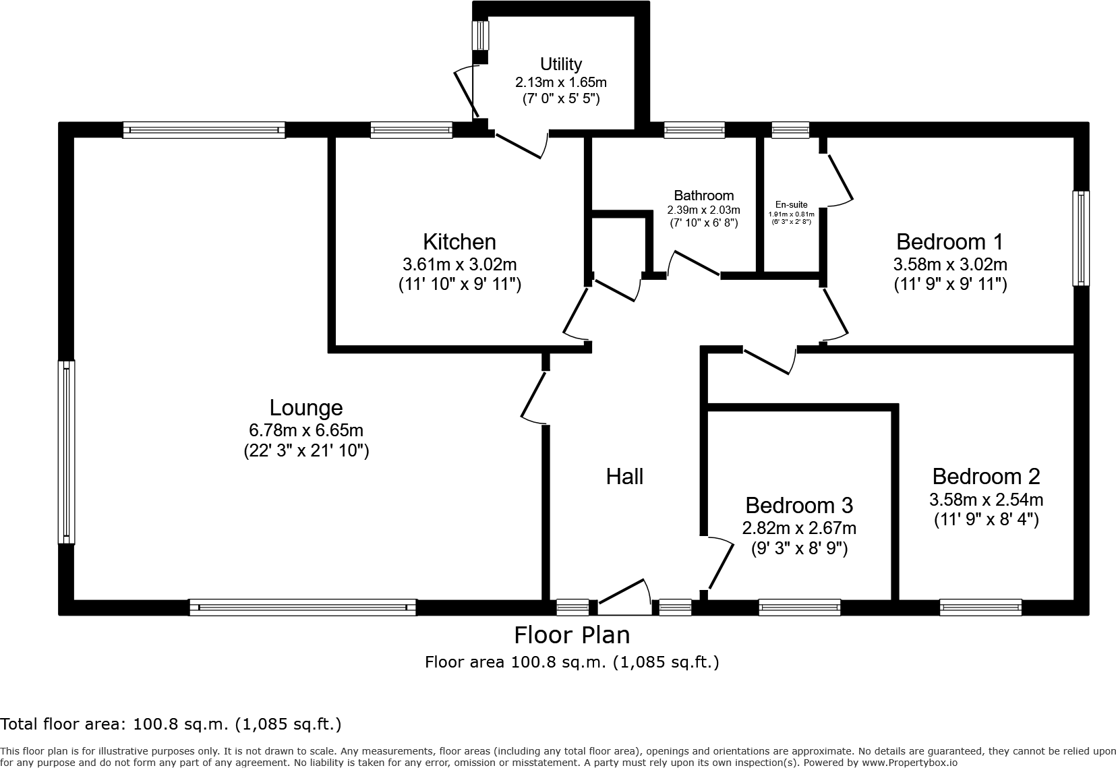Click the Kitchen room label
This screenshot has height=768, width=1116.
click(459, 241)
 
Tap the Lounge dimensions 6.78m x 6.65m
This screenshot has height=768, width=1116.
click(306, 430)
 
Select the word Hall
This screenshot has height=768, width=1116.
click(624, 477)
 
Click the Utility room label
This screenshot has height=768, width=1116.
click(561, 64)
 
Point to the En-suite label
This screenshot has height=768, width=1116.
click(791, 205)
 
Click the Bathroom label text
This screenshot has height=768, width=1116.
click(703, 196)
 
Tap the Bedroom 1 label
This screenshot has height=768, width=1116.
click(949, 241)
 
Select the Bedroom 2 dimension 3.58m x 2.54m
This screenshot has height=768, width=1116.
click(986, 500)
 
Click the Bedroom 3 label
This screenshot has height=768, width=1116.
click(799, 505)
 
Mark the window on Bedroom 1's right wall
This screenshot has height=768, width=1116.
click(1081, 237)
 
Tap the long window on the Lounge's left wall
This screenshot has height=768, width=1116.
click(66, 452)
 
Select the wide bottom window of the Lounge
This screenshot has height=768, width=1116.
click(303, 608)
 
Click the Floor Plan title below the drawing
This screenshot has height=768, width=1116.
click(572, 635)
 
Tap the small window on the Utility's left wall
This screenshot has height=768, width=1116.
click(480, 35)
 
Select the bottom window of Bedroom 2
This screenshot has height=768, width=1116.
click(980, 608)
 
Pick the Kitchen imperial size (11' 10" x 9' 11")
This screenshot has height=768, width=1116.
click(459, 285)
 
